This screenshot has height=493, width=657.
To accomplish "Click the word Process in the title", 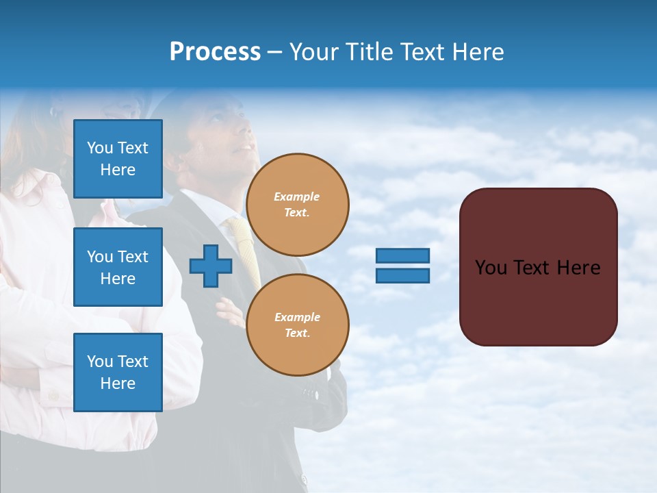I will tap(215, 52).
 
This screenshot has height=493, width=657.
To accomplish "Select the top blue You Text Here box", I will tap(118, 159).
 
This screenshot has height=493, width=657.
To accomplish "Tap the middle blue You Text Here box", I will tap(118, 267).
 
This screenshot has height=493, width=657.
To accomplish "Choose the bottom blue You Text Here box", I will tap(118, 372).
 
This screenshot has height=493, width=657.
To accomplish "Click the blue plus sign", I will tap(211, 266).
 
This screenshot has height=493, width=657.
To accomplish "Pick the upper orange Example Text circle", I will tap(298, 205).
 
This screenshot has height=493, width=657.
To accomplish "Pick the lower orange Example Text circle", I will tap(298, 325).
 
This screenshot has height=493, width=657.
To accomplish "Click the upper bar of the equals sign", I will tap(403, 256).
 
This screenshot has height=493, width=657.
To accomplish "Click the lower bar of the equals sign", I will tap(403, 275).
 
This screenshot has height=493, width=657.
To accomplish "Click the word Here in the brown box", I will tap(578, 268).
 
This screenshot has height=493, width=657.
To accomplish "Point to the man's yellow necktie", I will tap(245, 246).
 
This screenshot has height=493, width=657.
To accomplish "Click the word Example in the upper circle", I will tap(297, 197).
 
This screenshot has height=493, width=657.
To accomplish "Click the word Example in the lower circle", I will tap(297, 317).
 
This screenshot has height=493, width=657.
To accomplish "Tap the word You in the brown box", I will tap(491, 268).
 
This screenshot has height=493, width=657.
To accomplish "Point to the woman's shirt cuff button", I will tap(53, 395).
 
